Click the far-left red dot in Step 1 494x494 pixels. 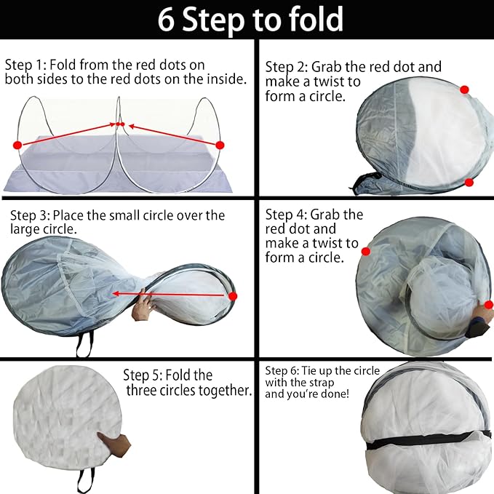(x=17, y=146)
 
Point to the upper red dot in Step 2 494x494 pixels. (x=464, y=89)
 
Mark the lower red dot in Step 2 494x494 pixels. (x=469, y=182)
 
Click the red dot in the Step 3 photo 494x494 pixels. (x=233, y=296)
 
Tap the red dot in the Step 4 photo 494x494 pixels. (x=366, y=251)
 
